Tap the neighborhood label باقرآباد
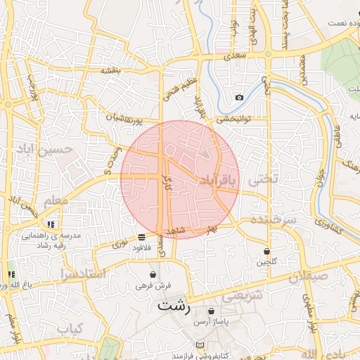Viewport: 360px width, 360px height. click(x=219, y=180)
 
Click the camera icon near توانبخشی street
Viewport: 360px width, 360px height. click(x=240, y=97)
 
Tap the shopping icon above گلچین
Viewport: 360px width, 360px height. click(x=267, y=251)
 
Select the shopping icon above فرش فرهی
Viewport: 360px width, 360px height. click(x=153, y=274)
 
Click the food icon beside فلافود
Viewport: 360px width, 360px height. click(x=142, y=237)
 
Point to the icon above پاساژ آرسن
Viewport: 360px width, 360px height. click(x=212, y=311)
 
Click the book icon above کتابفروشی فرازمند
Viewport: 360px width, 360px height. click(x=202, y=345)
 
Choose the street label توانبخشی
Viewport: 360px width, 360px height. click(x=231, y=119)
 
